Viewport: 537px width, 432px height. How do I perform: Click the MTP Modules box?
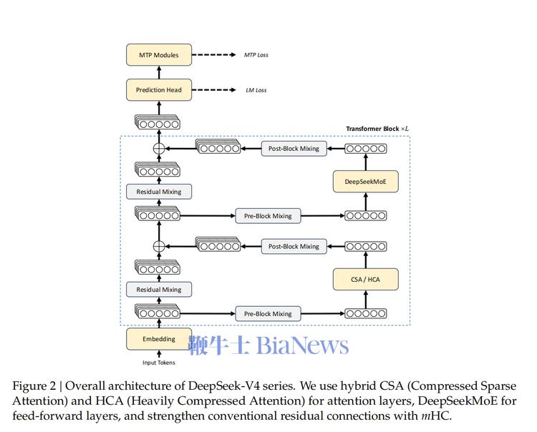coord(159,55)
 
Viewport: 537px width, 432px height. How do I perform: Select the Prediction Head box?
coord(159,90)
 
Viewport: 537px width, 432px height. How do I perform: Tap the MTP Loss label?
coord(256,55)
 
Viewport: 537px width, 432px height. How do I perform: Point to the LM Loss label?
coord(256,90)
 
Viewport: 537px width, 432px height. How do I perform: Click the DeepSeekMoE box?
coord(366,182)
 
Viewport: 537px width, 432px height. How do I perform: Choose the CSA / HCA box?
coord(366,279)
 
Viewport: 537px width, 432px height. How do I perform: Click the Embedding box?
coord(159,339)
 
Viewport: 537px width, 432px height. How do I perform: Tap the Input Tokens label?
coord(159,363)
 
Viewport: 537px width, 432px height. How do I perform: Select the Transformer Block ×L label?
coord(377,129)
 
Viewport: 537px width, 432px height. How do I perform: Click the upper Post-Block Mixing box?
coord(294,149)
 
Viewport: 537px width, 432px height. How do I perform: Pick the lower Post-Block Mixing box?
coord(294,247)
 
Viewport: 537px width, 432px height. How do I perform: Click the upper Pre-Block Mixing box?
coord(268,216)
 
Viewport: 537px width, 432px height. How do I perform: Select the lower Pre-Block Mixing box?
coord(268,314)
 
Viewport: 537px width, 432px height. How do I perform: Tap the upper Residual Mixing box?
coord(159,192)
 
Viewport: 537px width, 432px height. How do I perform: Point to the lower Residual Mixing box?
coord(159,290)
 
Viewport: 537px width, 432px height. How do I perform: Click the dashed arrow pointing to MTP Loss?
coord(216,55)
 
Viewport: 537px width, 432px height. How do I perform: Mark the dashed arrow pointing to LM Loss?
coord(216,90)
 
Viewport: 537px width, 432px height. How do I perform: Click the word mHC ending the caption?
coord(435,416)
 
